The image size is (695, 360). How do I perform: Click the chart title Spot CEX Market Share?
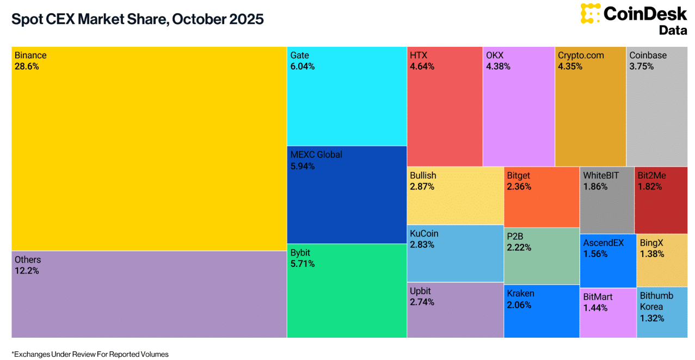click(138, 19)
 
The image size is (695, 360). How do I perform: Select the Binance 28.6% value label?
click(27, 66)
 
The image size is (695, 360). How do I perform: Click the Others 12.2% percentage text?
click(27, 271)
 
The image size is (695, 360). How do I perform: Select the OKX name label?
click(495, 55)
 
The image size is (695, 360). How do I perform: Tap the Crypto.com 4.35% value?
click(570, 66)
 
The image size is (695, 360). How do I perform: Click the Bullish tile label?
click(423, 175)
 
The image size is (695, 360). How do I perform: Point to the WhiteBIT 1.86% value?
click(595, 186)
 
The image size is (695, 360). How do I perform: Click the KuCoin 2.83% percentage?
click(422, 245)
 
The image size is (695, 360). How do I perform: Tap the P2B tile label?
click(515, 236)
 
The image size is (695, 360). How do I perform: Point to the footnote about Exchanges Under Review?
click(90, 354)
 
